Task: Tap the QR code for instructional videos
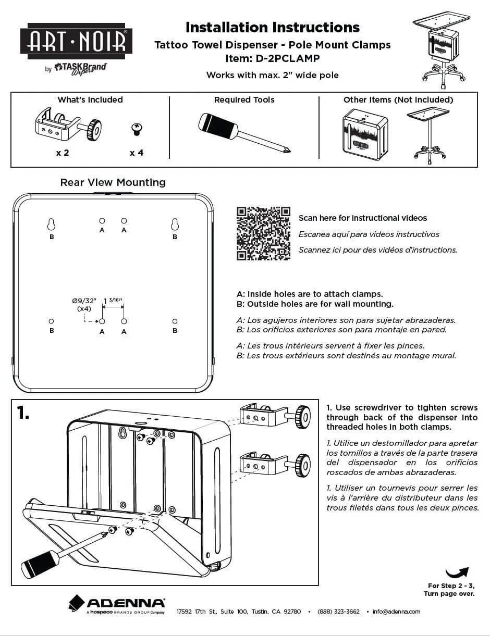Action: (x=263, y=233)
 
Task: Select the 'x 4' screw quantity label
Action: (x=137, y=153)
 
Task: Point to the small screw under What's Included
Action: (x=137, y=129)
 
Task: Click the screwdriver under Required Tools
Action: (x=243, y=133)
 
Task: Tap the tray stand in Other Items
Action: (x=428, y=135)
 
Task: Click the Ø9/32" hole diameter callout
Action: (x=84, y=304)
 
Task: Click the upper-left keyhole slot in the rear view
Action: (x=51, y=225)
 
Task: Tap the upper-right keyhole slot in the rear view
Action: (x=175, y=225)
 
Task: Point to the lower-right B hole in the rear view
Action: (x=175, y=321)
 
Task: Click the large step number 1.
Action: (x=23, y=413)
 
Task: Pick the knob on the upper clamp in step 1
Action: (x=303, y=417)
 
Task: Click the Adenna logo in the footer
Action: (x=117, y=604)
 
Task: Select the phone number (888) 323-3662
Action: (x=338, y=612)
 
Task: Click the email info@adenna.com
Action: (x=396, y=612)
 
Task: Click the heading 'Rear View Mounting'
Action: (x=113, y=182)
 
